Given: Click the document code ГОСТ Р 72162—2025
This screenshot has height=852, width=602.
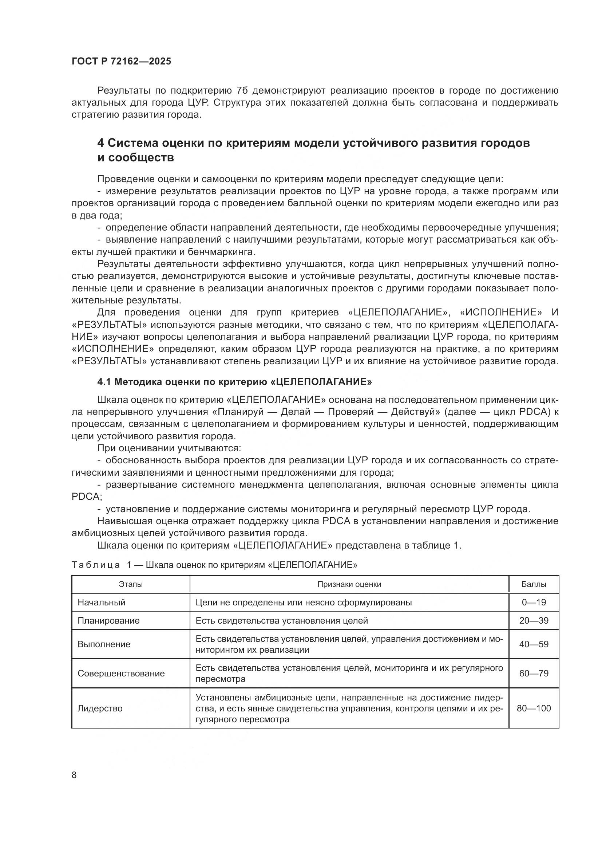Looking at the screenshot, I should point(121,62).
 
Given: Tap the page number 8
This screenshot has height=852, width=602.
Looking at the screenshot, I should point(74,775).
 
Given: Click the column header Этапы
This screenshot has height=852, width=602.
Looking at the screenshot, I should point(131,584).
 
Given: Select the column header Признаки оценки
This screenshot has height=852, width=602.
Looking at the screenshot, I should point(349,584).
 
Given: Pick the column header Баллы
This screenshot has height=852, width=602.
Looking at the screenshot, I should point(534,584).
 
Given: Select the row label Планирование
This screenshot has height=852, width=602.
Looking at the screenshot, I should point(108,621).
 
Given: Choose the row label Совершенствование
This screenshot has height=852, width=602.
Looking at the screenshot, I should point(121,674).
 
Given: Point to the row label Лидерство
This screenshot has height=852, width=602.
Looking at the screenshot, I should point(100,708).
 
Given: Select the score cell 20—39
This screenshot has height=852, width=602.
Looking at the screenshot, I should point(534,621).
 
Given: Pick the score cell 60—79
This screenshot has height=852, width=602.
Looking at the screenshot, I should point(534,674).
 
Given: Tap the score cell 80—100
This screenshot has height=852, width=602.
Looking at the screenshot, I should point(534,708).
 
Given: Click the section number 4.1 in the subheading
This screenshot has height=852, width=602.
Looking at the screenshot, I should point(104,382).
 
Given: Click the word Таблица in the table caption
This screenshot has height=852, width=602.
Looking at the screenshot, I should point(96,565).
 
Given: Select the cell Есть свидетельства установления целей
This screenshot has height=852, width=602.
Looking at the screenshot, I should point(281,621).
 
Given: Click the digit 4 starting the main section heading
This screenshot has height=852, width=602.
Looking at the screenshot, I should point(100,143).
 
